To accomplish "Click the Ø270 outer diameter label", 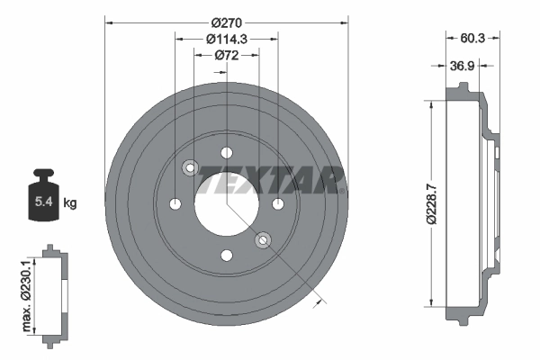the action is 227,23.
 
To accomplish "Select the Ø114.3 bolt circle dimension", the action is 227,39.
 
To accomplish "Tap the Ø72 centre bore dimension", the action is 227,55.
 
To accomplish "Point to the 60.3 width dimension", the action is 472,38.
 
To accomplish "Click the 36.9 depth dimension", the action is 463,66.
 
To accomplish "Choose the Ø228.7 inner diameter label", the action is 433,204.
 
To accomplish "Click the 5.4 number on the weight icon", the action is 44,202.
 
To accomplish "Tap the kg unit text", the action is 70,202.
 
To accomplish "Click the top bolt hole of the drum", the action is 227,153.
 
